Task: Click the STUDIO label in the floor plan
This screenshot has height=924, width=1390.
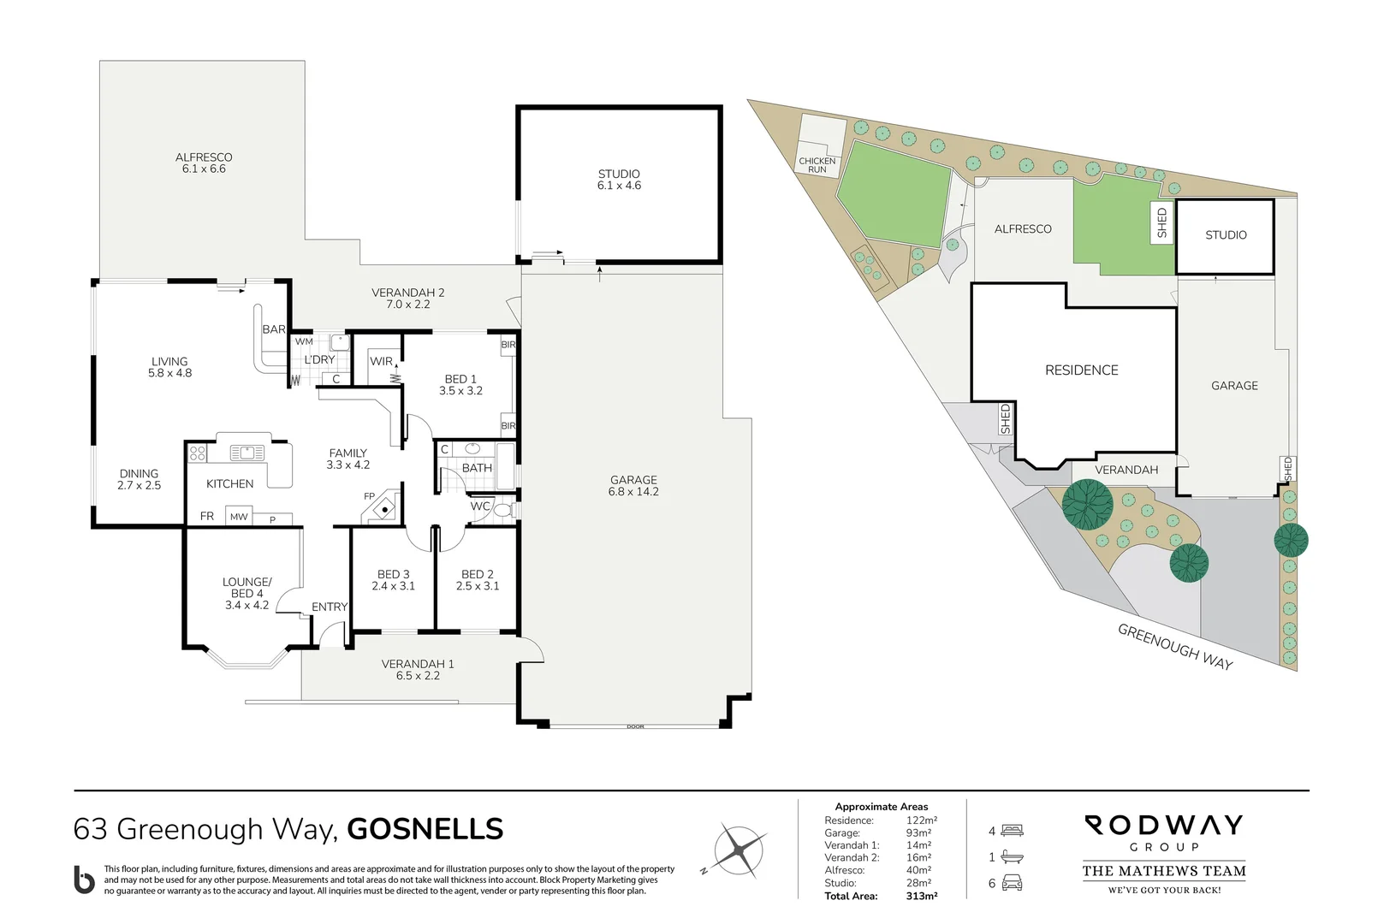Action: (x=619, y=175)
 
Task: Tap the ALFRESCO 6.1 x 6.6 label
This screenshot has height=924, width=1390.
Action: (x=204, y=163)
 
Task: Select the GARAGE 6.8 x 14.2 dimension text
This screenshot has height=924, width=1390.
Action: (x=633, y=492)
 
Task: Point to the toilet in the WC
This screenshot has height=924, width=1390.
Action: (x=503, y=511)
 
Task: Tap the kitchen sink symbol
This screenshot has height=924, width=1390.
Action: (x=247, y=453)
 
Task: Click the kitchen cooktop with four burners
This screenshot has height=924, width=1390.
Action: (x=198, y=453)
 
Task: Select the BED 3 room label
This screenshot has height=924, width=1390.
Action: (x=393, y=574)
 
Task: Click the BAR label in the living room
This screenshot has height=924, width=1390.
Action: (x=274, y=329)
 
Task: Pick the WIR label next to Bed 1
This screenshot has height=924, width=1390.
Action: (x=381, y=361)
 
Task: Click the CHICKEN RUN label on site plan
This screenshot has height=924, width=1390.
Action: (x=817, y=165)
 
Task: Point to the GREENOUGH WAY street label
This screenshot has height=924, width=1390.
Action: (x=1174, y=647)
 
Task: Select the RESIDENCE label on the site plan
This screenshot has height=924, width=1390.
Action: (x=1081, y=370)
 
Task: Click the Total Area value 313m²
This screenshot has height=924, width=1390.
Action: (x=922, y=896)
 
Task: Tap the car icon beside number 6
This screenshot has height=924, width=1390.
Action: (x=1013, y=883)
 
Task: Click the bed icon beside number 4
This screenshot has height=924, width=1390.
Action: (x=1013, y=831)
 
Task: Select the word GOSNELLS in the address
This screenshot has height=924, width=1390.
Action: (x=425, y=829)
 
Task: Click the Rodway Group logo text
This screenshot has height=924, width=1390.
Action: (x=1163, y=832)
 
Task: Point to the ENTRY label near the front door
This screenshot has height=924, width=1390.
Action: (x=330, y=607)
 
